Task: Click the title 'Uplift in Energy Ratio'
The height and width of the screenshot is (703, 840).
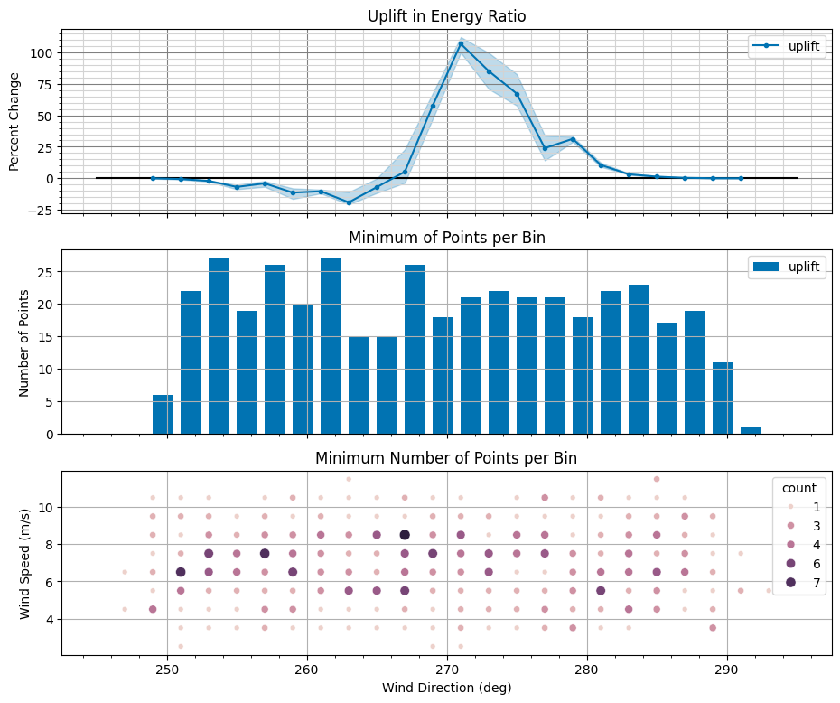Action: (446, 16)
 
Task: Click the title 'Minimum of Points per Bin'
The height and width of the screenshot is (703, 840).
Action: (446, 238)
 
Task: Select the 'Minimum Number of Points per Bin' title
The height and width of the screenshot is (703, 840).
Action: (446, 458)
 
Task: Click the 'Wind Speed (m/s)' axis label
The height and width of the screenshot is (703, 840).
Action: (24, 562)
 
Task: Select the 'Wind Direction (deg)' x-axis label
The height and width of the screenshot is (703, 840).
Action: (446, 688)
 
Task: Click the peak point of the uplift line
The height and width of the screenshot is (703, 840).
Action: (461, 43)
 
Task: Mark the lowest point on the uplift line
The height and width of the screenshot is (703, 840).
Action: (349, 202)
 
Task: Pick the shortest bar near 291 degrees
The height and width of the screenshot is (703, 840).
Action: (751, 430)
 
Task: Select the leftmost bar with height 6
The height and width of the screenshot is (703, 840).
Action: (163, 415)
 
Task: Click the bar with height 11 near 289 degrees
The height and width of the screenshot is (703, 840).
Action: (723, 398)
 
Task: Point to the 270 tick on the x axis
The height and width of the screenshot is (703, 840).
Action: (447, 670)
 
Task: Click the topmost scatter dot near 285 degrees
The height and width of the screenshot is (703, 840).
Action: (657, 479)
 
